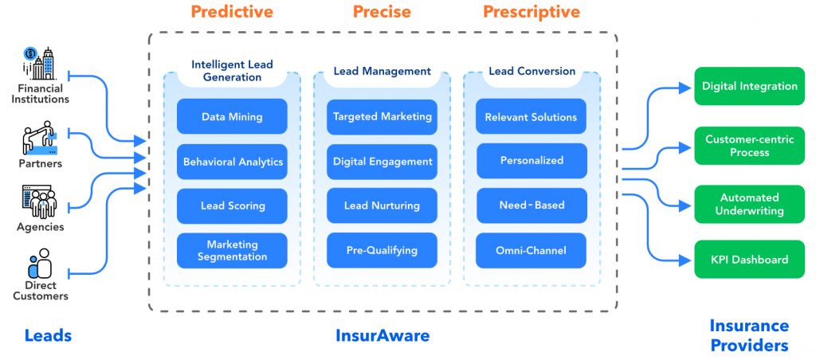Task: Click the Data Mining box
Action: click(x=232, y=116)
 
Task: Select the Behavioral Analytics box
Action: click(x=232, y=162)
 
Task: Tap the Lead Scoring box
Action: click(x=232, y=206)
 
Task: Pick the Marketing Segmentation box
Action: click(x=232, y=250)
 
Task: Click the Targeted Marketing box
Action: click(x=382, y=116)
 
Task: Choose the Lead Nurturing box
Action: click(x=382, y=205)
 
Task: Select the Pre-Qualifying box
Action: click(x=382, y=250)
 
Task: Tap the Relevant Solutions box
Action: click(x=532, y=116)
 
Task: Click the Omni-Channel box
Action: click(x=532, y=250)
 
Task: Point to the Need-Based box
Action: click(x=532, y=205)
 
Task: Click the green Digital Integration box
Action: click(x=749, y=86)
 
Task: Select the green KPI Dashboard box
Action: click(x=749, y=259)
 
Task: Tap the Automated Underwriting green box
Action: click(x=749, y=204)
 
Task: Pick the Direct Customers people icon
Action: click(x=41, y=264)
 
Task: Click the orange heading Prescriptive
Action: click(x=532, y=11)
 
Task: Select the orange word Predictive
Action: click(x=232, y=11)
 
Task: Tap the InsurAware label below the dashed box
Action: click(x=382, y=335)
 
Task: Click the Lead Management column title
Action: click(x=382, y=71)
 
